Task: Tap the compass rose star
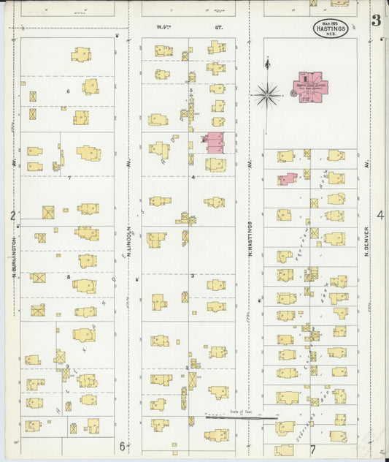pyautogui.click(x=268, y=94)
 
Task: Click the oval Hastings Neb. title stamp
pyautogui.click(x=331, y=29)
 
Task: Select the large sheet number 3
pyautogui.click(x=376, y=20)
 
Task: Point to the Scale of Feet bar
pyautogui.click(x=241, y=418)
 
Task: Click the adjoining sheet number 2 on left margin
pyautogui.click(x=12, y=216)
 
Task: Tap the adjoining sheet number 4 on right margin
pyautogui.click(x=380, y=215)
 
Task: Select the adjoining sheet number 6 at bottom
pyautogui.click(x=122, y=446)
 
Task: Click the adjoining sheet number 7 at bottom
pyautogui.click(x=311, y=448)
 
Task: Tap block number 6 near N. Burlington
pyautogui.click(x=68, y=91)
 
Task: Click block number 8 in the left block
pyautogui.click(x=68, y=277)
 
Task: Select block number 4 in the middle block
pyautogui.click(x=193, y=177)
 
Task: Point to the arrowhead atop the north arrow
pyautogui.click(x=268, y=63)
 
